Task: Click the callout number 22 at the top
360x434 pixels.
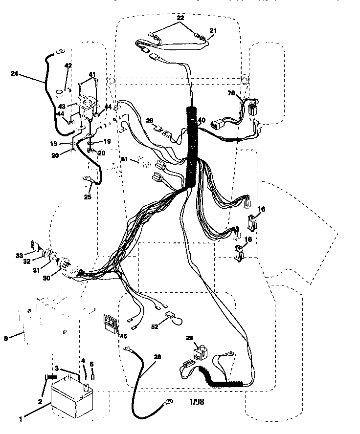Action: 180,18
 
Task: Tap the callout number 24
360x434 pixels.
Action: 14,74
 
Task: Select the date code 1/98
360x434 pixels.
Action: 197,401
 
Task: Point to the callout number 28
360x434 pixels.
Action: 157,357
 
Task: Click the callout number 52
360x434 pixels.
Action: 155,326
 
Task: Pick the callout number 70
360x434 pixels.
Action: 231,93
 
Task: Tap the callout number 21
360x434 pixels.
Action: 213,31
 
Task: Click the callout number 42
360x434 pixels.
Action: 68,65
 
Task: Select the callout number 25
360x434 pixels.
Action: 88,197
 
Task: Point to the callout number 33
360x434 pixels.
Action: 20,256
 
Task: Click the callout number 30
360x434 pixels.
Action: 46,278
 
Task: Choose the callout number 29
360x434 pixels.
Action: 189,338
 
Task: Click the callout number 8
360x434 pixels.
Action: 6,338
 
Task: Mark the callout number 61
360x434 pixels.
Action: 124,159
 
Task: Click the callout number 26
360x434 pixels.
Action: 150,121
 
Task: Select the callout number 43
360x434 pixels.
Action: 62,107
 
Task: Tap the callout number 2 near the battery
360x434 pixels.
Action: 40,401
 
